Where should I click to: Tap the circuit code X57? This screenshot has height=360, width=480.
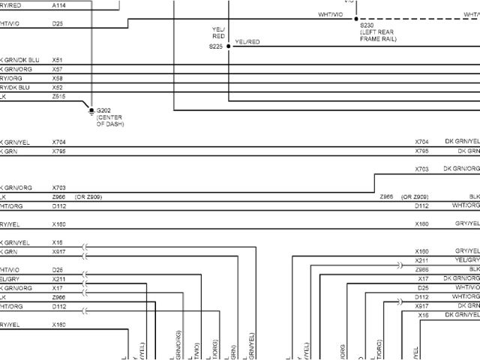pos(58,68)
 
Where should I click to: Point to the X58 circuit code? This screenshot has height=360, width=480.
pos(58,77)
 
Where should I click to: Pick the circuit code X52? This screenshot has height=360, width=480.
pos(58,87)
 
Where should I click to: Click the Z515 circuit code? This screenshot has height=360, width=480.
pos(58,96)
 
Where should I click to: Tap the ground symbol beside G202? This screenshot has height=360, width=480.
pos(91,110)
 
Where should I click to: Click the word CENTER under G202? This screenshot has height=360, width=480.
pos(109,117)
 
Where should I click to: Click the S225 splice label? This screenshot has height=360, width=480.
pos(216,46)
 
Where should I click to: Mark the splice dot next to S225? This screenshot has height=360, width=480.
pos(229,46)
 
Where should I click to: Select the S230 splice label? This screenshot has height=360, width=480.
pos(367,25)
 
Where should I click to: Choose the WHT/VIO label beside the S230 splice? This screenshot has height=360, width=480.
pos(330,14)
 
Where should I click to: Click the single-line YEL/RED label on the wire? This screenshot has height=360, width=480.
pos(247,42)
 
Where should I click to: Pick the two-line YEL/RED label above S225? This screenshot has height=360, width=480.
pos(218,32)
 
